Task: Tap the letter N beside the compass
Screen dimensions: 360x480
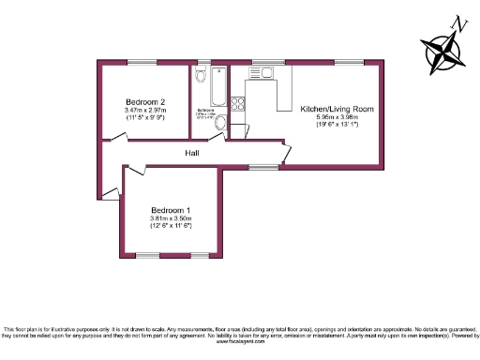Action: click(458, 22)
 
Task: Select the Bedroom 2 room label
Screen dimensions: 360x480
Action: click(145, 101)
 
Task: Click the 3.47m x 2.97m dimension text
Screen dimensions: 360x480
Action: click(145, 110)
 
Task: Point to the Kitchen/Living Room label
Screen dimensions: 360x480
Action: click(337, 110)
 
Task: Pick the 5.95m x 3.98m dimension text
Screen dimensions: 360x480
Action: click(337, 118)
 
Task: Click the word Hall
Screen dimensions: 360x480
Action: click(191, 153)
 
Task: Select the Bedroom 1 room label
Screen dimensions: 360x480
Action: click(170, 210)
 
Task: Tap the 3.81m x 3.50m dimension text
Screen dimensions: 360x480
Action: click(170, 218)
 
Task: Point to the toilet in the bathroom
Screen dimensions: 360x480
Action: click(220, 122)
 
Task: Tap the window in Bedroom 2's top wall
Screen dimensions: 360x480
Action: click(143, 62)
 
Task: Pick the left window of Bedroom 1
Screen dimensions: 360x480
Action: click(146, 255)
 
